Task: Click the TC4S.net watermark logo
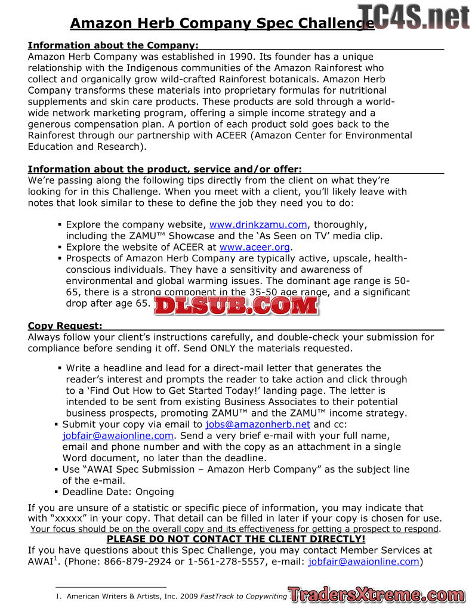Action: click(414, 16)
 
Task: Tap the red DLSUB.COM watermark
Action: click(236, 305)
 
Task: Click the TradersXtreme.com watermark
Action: click(377, 594)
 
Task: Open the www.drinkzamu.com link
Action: click(258, 225)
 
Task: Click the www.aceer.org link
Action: click(255, 247)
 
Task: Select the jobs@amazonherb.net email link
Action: click(258, 424)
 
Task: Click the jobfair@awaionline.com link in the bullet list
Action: click(118, 436)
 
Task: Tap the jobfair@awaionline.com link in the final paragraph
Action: click(363, 561)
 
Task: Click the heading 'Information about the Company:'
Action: click(113, 45)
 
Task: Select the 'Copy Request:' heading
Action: click(65, 326)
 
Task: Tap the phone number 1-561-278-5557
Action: click(225, 561)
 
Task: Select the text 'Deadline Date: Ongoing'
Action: click(118, 492)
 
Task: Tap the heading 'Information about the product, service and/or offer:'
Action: click(165, 169)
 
